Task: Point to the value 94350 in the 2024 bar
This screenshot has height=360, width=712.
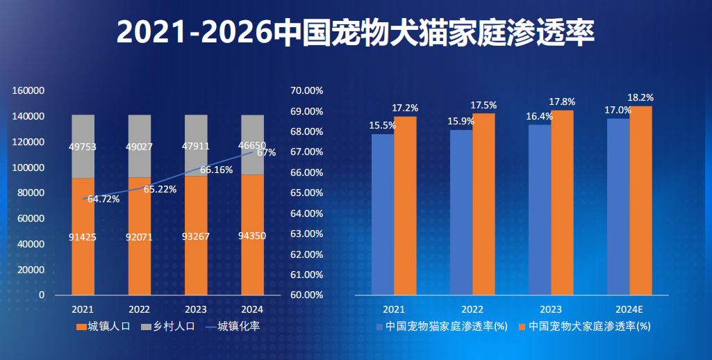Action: [252, 236]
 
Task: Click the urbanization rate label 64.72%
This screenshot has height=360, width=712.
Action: [104, 199]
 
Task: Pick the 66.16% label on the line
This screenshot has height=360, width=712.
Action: [216, 170]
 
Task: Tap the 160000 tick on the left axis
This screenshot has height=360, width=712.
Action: [28, 90]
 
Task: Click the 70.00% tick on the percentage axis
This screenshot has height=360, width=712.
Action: [307, 90]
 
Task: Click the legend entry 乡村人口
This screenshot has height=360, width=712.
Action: [169, 326]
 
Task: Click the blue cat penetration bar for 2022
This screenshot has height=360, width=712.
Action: [461, 212]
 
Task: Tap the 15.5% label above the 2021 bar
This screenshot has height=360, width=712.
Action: [383, 126]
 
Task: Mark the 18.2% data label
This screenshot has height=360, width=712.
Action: [640, 97]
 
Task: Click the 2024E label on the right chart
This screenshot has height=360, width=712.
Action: [629, 309]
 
